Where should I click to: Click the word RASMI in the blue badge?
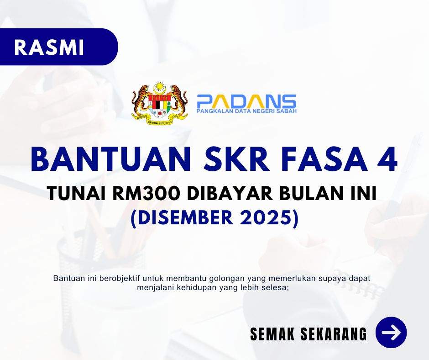pos(49,48)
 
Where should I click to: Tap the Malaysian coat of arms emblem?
pos(160,103)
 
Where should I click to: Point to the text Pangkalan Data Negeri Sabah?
pos(246,111)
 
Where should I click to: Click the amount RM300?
pos(146,193)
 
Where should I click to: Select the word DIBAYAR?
pos(230,193)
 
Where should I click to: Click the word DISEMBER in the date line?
pos(181,217)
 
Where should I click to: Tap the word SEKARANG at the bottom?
pos(334,334)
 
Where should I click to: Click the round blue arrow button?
pos(391,333)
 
